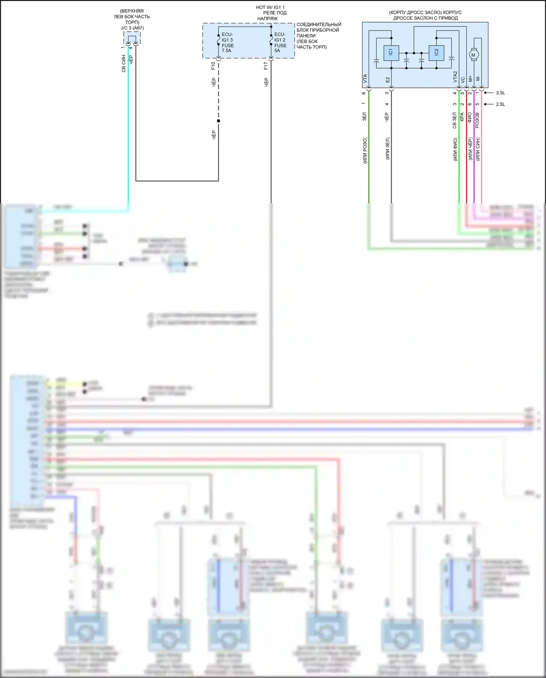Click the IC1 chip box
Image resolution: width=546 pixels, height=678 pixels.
pyautogui.click(x=391, y=53)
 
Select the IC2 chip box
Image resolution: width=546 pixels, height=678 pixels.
pyautogui.click(x=436, y=53)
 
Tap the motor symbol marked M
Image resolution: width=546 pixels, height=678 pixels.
pyautogui.click(x=474, y=55)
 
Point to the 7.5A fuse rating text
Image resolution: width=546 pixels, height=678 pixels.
pyautogui.click(x=226, y=51)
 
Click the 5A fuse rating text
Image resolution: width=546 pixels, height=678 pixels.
pyautogui.click(x=277, y=51)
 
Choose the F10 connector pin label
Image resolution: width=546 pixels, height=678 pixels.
pyautogui.click(x=213, y=66)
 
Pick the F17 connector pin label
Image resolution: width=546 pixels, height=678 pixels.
pyautogui.click(x=266, y=66)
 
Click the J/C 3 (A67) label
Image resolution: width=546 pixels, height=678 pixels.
pyautogui.click(x=132, y=28)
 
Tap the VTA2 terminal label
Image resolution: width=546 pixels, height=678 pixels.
pyautogui.click(x=455, y=77)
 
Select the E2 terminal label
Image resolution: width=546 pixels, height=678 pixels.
pyautogui.click(x=388, y=79)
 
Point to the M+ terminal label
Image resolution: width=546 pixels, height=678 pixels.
pyautogui.click(x=470, y=79)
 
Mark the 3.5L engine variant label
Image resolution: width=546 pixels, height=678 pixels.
pyautogui.click(x=500, y=93)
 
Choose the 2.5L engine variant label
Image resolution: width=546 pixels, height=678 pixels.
pyautogui.click(x=500, y=104)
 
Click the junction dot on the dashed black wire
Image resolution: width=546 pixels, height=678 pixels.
pyautogui.click(x=218, y=121)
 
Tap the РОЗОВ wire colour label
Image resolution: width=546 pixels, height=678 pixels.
pyautogui.click(x=477, y=120)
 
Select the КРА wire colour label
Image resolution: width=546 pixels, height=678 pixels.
pyautogui.click(x=462, y=117)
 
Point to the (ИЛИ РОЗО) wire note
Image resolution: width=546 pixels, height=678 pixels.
pyautogui.click(x=365, y=150)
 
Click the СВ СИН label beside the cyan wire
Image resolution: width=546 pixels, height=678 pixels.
pyautogui.click(x=123, y=64)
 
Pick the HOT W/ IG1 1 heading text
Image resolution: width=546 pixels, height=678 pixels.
pyautogui.click(x=270, y=7)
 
